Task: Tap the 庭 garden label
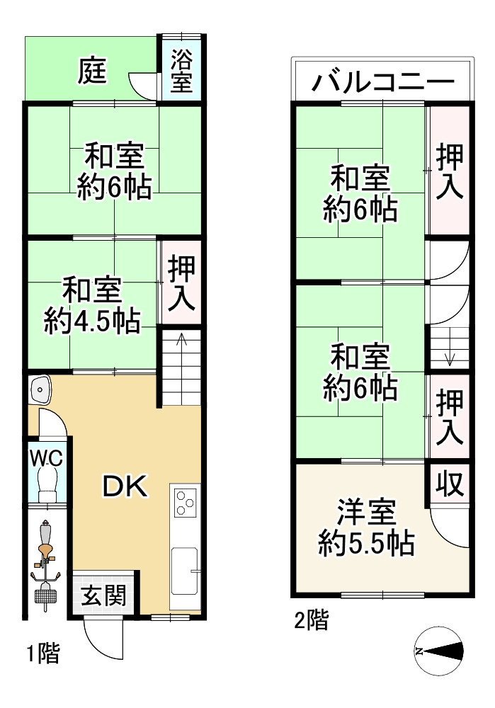pos(93,71)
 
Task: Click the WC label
pos(46,457)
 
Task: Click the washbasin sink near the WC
pos(40,389)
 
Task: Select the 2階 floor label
pos(312,622)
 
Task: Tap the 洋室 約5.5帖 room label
pos(366,527)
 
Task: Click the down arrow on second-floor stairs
pos(450,358)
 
